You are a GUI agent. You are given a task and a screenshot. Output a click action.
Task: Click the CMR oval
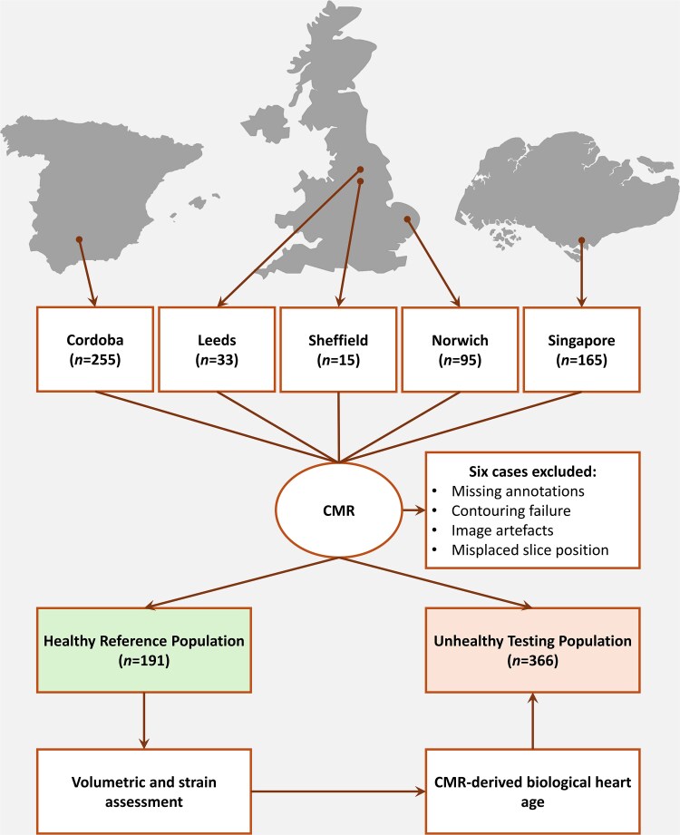[x=338, y=511]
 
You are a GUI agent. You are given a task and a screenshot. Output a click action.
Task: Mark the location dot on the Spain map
[x=80, y=239]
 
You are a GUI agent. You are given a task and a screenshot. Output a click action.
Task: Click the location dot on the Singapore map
[x=581, y=240]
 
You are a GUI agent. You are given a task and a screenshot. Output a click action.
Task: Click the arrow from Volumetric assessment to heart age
[x=339, y=792]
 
